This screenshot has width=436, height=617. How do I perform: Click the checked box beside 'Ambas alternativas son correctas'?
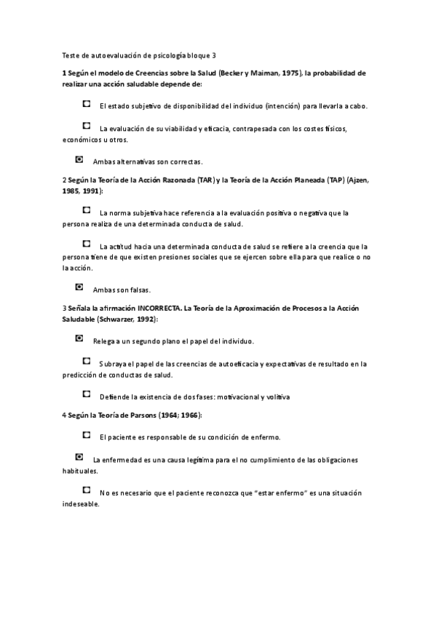pos(79,159)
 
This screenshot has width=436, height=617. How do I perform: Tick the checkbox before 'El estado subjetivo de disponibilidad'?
pos(87,104)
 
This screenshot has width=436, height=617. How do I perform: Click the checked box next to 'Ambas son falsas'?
pos(79,287)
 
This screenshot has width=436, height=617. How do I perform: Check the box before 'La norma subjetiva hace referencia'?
pos(87,210)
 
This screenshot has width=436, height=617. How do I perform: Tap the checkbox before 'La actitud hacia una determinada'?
pos(87,244)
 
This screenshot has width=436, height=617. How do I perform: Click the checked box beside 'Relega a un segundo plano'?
pos(79,338)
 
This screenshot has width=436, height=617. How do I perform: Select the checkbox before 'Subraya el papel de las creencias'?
pos(87,361)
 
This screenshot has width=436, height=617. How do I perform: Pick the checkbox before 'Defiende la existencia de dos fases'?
pos(87,394)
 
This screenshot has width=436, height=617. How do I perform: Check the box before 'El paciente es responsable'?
pos(87,434)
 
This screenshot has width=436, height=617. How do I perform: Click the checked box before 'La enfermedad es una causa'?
pos(79,457)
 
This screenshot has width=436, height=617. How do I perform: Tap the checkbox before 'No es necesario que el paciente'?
pos(87,490)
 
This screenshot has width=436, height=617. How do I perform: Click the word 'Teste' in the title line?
pos(71,55)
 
